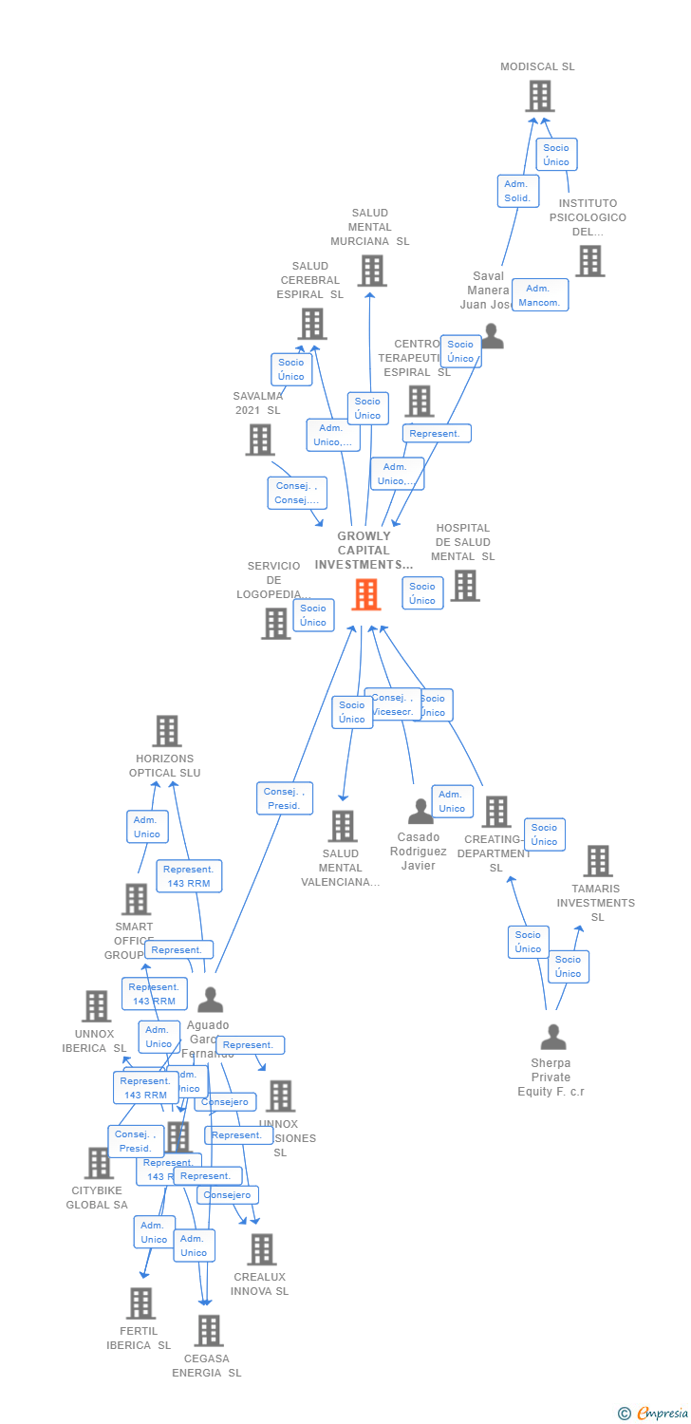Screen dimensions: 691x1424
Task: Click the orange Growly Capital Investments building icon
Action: click(366, 594)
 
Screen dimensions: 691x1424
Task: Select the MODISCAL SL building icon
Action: click(539, 96)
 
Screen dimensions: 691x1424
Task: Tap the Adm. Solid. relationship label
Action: click(518, 191)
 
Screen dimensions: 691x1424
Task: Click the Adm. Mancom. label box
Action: click(540, 295)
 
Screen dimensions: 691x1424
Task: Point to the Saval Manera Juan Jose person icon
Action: click(492, 336)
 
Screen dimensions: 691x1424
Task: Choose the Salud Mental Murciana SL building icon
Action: click(372, 271)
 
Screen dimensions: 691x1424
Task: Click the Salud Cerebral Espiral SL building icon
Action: click(312, 324)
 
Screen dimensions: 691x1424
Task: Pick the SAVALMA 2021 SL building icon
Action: click(260, 440)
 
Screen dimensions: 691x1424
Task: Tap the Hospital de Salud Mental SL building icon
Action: click(465, 586)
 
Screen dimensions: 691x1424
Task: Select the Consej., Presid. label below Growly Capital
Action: click(285, 798)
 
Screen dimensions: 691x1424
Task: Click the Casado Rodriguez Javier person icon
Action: click(420, 812)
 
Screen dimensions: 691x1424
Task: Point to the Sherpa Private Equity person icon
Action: click(553, 1037)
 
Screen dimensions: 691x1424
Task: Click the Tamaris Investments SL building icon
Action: click(598, 861)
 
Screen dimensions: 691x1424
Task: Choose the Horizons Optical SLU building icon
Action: click(167, 731)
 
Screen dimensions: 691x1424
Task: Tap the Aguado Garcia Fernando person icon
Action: click(210, 1000)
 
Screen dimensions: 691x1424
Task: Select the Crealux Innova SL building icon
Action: click(262, 1249)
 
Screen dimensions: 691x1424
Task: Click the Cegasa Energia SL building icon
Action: click(209, 1330)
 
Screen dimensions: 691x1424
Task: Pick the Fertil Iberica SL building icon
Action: click(140, 1303)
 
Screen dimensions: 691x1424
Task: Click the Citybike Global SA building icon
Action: click(99, 1163)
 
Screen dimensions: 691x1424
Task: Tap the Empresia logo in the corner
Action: click(654, 1414)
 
